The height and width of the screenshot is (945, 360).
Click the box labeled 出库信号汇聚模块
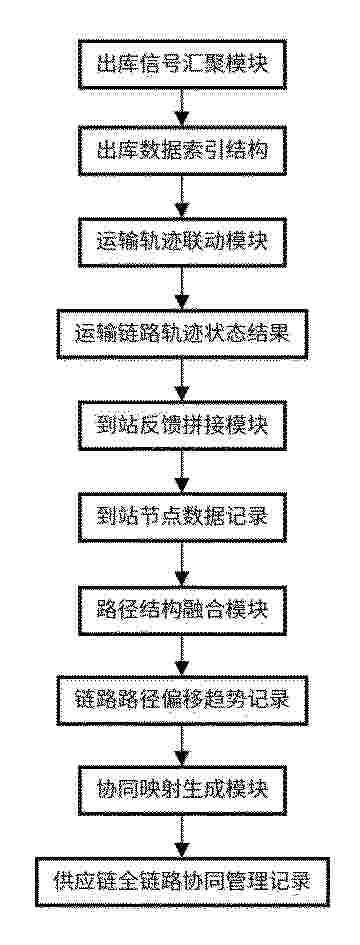point(182,64)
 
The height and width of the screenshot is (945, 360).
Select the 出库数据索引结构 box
point(182,151)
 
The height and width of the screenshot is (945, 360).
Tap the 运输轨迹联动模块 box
point(182,241)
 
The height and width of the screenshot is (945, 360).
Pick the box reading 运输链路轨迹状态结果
point(182,334)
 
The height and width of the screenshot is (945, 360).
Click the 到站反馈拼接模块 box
point(182,425)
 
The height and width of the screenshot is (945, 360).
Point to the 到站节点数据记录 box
point(182,517)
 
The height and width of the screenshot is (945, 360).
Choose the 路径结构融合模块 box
point(182,609)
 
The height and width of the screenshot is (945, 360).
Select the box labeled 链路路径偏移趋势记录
point(182,700)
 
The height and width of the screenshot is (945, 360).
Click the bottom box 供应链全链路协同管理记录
point(182,882)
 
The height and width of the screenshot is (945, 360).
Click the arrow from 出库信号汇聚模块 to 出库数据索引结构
point(182,108)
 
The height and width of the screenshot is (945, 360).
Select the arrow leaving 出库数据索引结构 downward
point(182,196)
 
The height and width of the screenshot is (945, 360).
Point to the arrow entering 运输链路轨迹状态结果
point(182,288)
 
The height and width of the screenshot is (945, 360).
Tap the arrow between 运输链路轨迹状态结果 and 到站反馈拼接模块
point(182,380)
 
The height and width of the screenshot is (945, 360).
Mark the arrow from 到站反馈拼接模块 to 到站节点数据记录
point(182,472)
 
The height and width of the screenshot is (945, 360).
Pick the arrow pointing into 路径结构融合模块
point(182,564)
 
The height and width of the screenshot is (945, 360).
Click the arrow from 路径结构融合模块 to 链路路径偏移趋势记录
point(182,655)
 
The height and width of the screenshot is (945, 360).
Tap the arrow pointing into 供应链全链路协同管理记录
point(182,835)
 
